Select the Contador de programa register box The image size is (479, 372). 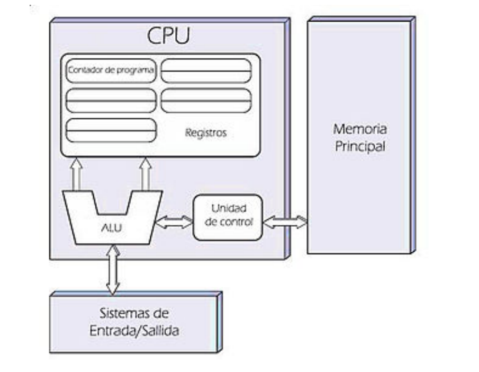pyautogui.click(x=111, y=70)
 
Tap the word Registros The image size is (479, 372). pyautogui.click(x=205, y=133)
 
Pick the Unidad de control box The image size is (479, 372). pyautogui.click(x=228, y=217)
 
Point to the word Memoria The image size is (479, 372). pyautogui.click(x=360, y=129)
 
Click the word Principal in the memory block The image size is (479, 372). pyautogui.click(x=360, y=146)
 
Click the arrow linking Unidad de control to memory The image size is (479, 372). pyautogui.click(x=285, y=222)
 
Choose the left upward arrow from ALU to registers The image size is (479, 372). pyautogui.click(x=77, y=175)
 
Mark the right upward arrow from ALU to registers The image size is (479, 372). pyautogui.click(x=144, y=175)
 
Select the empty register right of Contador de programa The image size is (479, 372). pyautogui.click(x=206, y=70)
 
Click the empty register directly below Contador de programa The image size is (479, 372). pyautogui.click(x=111, y=101)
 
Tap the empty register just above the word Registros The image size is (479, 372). pyautogui.click(x=206, y=101)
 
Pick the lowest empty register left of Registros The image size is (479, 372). pyautogui.click(x=111, y=130)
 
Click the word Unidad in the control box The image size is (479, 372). pyautogui.click(x=228, y=208)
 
